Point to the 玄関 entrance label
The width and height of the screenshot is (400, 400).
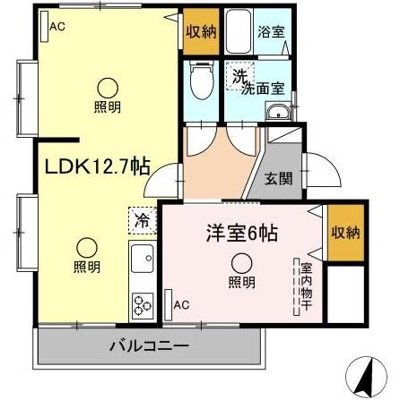tap(278, 178)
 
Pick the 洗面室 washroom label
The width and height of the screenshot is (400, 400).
tap(265, 88)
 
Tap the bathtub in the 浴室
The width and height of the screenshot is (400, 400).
tap(237, 32)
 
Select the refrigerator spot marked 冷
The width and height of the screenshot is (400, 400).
tap(142, 218)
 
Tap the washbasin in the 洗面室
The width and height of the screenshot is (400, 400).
tap(278, 112)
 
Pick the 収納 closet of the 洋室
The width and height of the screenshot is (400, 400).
tap(344, 232)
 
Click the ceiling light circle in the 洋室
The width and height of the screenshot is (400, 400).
tap(242, 262)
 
